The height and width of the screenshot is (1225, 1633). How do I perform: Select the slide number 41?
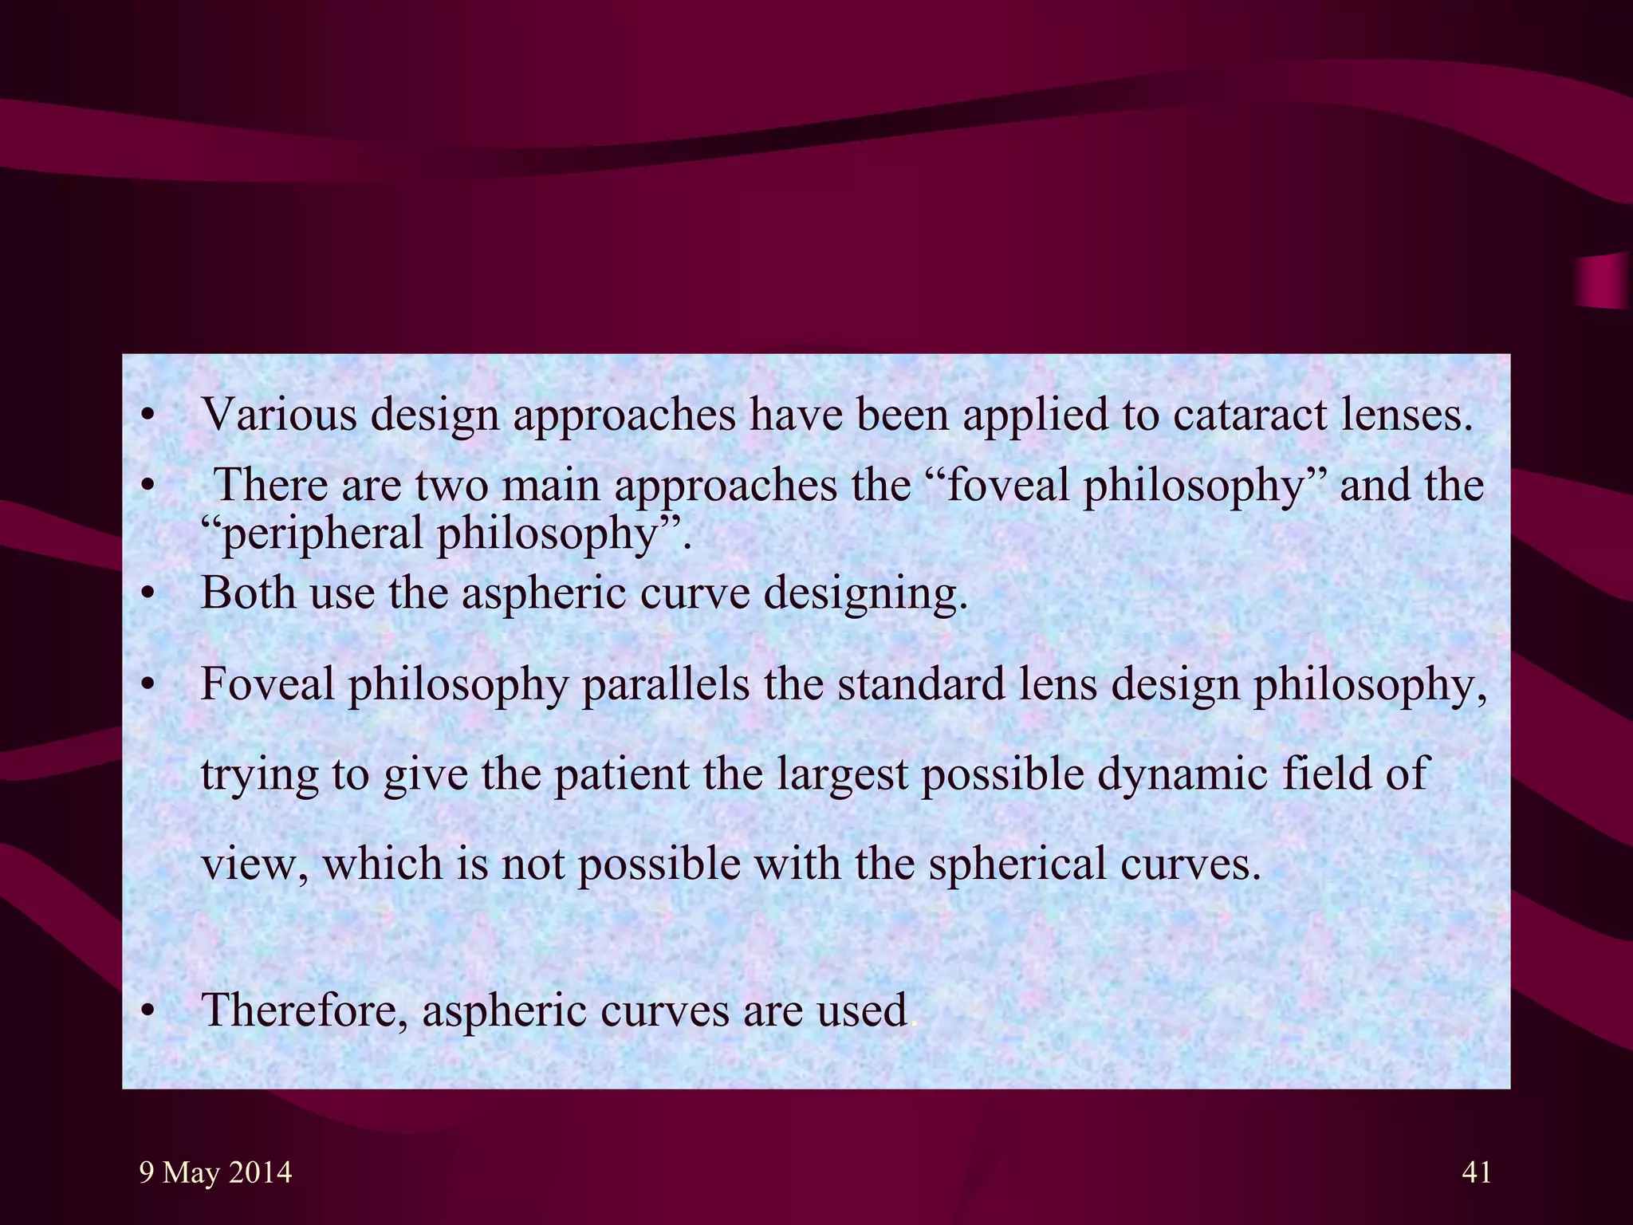coord(1477,1172)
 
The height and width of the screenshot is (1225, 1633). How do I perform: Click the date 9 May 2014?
coord(215,1172)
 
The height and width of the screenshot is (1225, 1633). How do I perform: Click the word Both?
coord(248,593)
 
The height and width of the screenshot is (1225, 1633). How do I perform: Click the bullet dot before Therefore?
coord(146,1011)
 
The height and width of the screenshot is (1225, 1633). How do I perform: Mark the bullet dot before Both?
coord(146,595)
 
